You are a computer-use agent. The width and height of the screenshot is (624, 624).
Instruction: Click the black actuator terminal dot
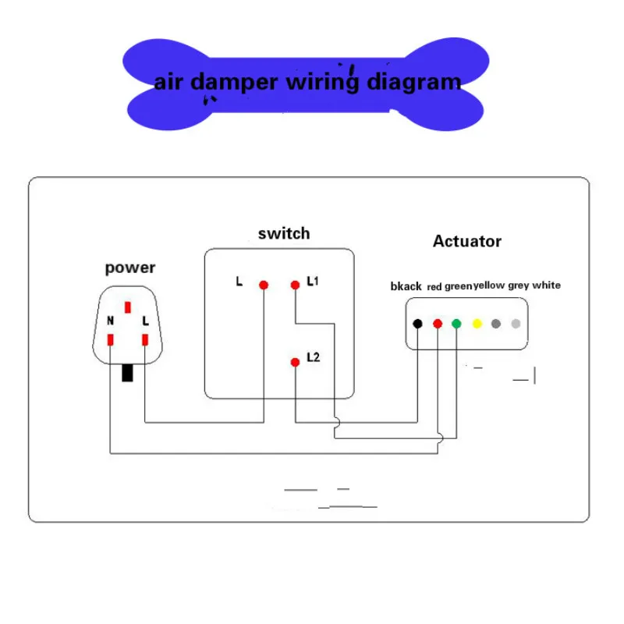click(417, 324)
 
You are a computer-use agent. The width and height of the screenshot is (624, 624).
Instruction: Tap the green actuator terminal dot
click(456, 324)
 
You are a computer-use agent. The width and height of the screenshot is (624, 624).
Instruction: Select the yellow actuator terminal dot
click(477, 324)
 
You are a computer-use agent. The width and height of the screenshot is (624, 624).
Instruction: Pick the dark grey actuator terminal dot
click(496, 324)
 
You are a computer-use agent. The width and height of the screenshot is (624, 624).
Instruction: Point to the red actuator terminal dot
click(438, 324)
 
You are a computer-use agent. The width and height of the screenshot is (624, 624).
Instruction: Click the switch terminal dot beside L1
click(295, 285)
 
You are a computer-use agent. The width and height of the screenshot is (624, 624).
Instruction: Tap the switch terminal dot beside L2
click(295, 362)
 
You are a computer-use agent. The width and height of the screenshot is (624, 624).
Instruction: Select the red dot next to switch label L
click(264, 285)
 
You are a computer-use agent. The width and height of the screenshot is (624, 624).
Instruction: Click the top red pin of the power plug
click(128, 307)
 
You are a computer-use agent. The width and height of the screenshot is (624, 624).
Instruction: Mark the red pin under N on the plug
click(110, 340)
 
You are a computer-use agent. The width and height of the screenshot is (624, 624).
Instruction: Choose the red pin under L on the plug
click(145, 340)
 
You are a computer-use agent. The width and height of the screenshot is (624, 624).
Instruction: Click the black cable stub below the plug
click(127, 373)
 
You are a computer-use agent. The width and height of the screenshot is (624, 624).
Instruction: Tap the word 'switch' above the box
click(284, 233)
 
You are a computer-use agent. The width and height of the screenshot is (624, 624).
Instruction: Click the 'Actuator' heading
click(467, 241)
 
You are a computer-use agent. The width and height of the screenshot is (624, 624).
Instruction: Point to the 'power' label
click(130, 268)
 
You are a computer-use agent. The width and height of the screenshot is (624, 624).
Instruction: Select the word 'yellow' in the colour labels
click(489, 285)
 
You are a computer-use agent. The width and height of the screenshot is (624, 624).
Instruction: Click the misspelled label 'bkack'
click(406, 286)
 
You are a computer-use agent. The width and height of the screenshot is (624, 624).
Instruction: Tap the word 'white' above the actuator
click(547, 285)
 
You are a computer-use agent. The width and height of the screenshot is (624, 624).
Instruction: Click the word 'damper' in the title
click(234, 83)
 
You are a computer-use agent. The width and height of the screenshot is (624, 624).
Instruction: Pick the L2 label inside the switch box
click(314, 357)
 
